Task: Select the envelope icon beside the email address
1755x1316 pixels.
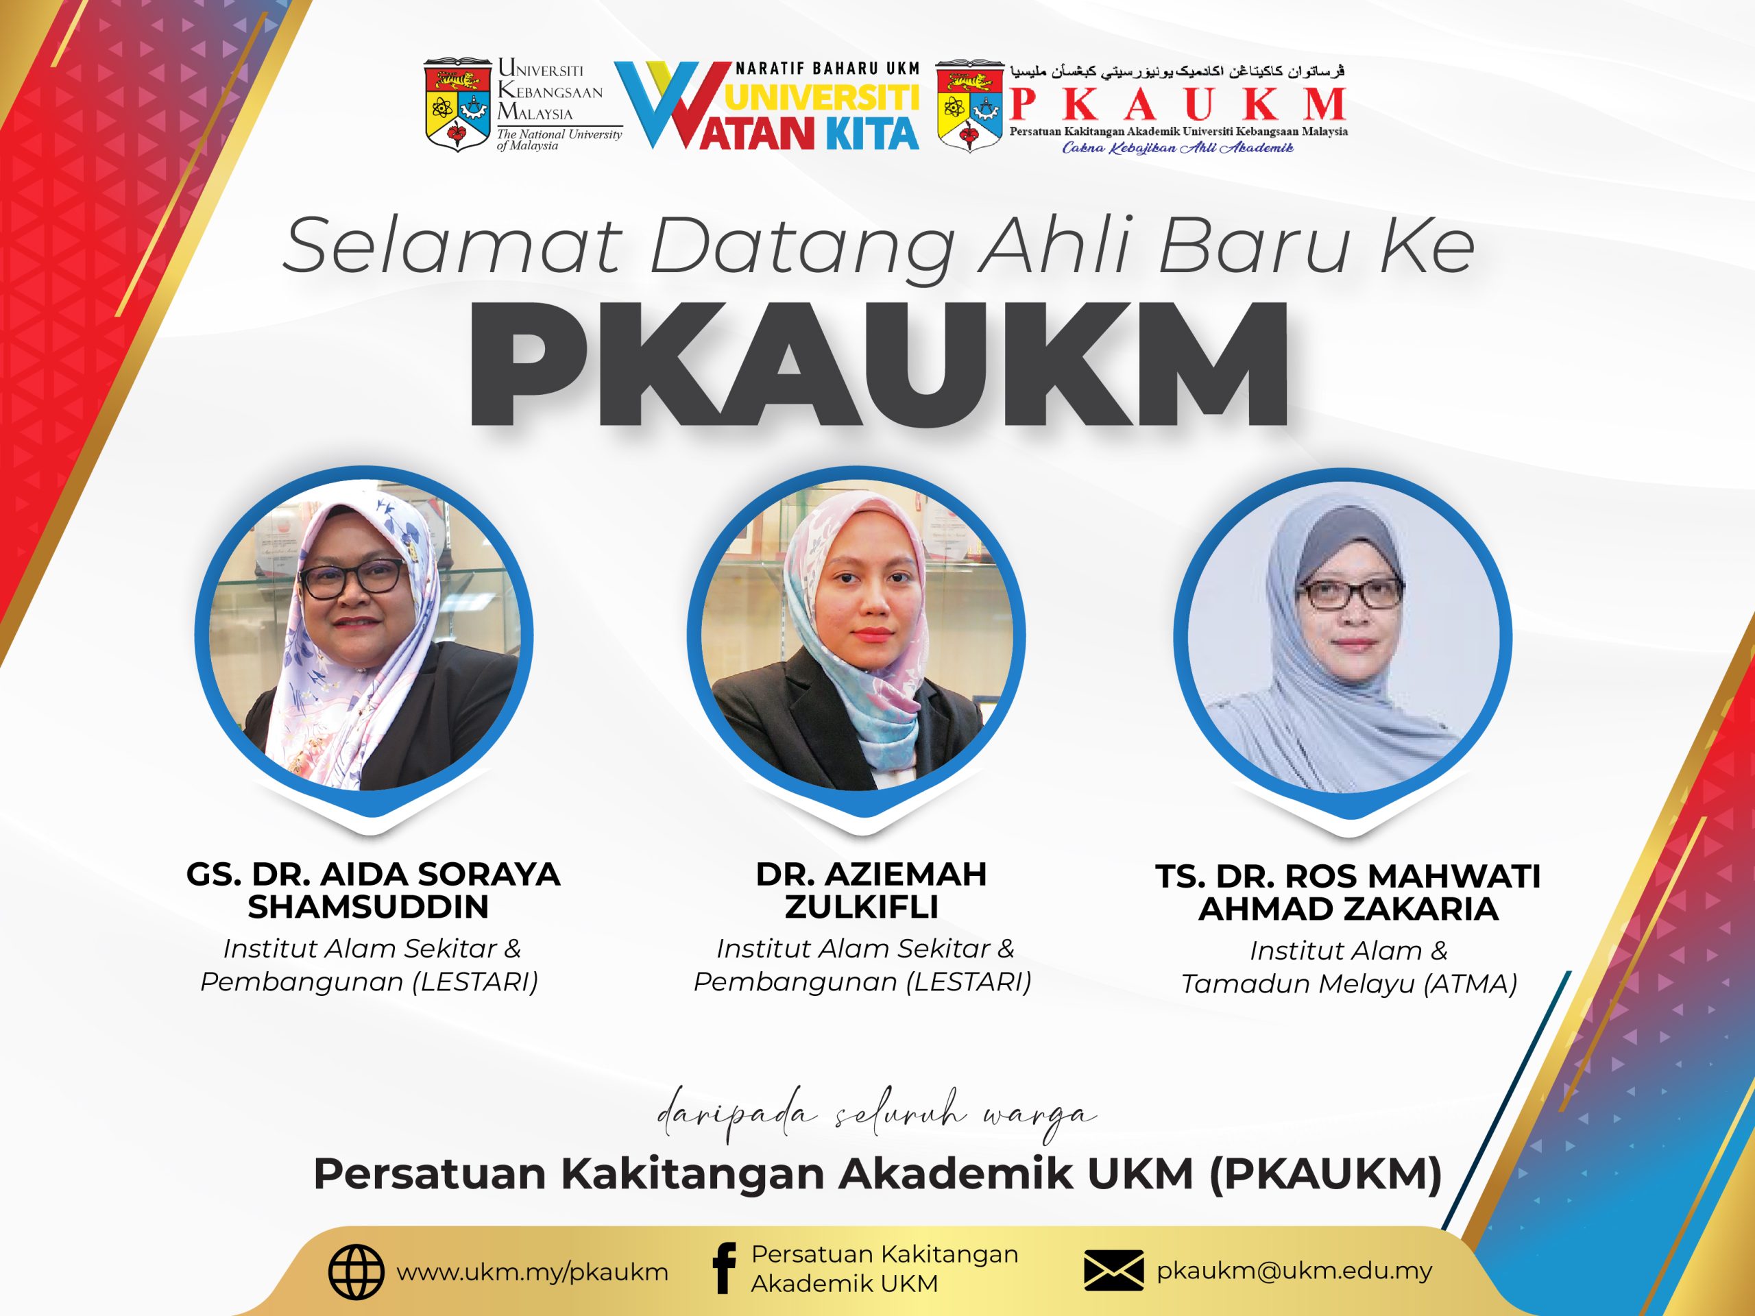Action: point(1113,1271)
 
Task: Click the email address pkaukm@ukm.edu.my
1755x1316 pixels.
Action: point(1294,1271)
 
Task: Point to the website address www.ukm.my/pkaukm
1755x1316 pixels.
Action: point(533,1272)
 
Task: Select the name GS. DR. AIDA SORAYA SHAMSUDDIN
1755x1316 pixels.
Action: point(373,890)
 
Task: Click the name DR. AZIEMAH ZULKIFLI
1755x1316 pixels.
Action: point(871,890)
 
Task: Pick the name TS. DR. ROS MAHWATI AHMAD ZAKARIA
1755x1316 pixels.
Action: point(1348,892)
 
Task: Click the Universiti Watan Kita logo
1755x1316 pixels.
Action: point(766,106)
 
